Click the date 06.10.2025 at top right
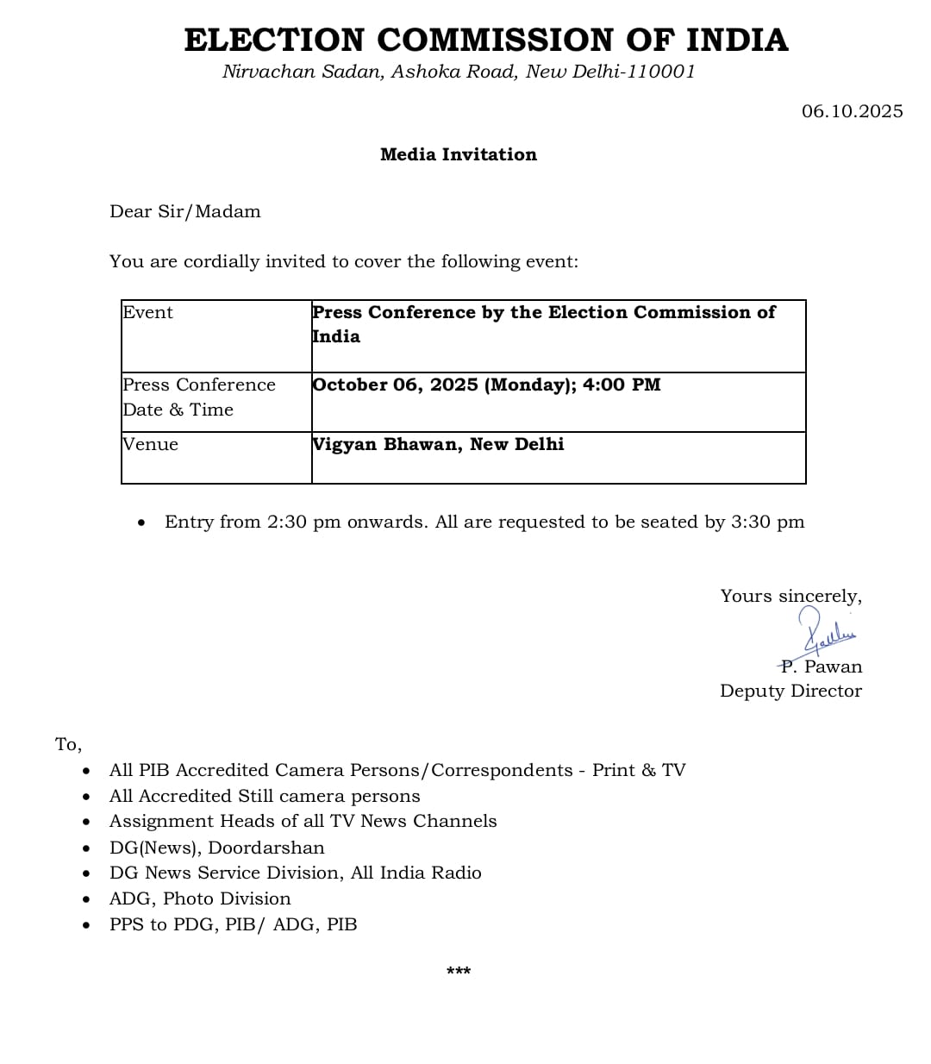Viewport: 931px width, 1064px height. pos(852,111)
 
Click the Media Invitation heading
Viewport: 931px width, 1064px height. pos(458,154)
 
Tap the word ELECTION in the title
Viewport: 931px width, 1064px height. pos(274,41)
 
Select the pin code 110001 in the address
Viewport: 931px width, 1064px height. pos(660,72)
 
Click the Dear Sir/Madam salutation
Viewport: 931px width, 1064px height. pos(184,211)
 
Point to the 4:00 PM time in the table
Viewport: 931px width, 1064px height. pos(622,385)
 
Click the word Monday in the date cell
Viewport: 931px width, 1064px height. pos(526,385)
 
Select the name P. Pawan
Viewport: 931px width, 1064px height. pos(821,667)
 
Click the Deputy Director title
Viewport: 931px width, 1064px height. pos(790,691)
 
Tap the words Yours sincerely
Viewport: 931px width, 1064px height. pos(790,596)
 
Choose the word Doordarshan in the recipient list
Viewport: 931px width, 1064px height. pos(266,848)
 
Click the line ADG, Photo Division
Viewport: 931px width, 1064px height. pos(200,898)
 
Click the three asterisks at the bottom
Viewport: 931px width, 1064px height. pos(459,972)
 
